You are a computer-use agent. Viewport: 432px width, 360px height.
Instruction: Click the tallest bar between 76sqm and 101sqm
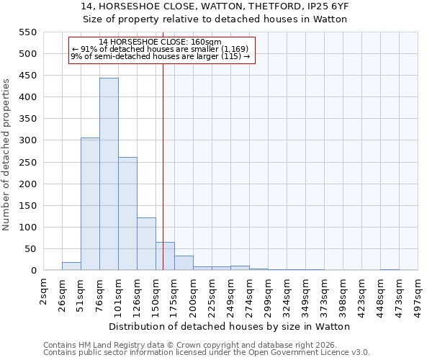tap(109, 174)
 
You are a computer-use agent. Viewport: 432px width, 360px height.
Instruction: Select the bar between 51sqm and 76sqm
tap(90, 204)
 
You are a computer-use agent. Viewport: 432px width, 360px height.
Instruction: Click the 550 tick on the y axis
tap(27, 32)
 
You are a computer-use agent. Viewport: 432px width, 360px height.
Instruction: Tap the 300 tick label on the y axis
tap(27, 141)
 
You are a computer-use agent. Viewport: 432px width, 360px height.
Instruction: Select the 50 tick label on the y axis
tap(30, 249)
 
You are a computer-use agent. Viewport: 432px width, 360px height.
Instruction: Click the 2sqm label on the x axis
tap(45, 293)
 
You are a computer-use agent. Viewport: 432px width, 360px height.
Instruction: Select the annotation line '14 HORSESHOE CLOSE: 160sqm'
tap(160, 42)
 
